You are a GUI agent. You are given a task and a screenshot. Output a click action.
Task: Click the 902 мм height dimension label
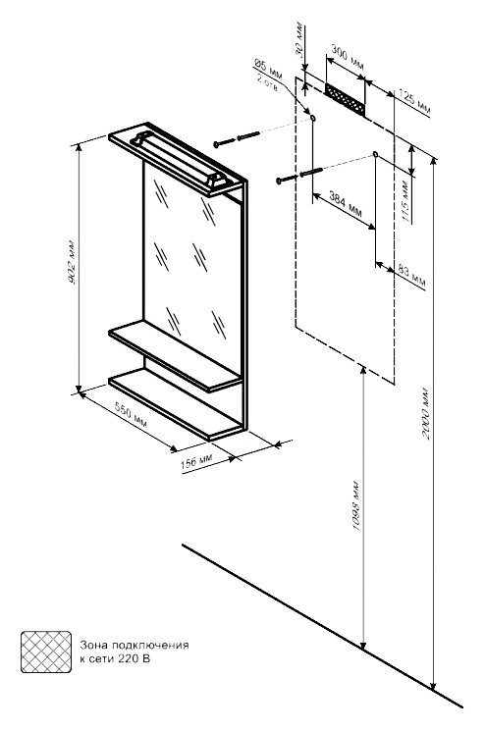(x=73, y=263)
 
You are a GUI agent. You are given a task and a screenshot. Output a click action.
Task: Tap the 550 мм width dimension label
(x=131, y=414)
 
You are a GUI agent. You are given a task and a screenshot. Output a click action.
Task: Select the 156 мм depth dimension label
(x=196, y=461)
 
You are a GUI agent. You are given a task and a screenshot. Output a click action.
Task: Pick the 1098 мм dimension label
(x=356, y=505)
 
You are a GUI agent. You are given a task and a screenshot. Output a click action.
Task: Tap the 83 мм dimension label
(x=411, y=275)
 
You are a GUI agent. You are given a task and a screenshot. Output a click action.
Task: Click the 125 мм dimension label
(x=415, y=103)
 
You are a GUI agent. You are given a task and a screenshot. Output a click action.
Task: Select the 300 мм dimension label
(x=348, y=57)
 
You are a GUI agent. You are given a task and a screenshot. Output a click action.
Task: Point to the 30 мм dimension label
(x=299, y=39)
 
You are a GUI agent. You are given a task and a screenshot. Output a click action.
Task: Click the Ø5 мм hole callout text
(x=268, y=70)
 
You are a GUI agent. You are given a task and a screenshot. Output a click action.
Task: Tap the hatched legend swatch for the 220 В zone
(x=46, y=652)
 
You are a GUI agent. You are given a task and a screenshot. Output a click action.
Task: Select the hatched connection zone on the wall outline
(x=346, y=100)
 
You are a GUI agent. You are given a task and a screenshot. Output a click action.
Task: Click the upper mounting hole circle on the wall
(x=312, y=118)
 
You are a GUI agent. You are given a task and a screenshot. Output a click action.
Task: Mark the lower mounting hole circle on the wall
(x=375, y=154)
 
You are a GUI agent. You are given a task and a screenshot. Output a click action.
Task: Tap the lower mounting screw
(x=299, y=176)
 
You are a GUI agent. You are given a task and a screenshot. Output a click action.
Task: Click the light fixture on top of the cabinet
(x=181, y=159)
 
